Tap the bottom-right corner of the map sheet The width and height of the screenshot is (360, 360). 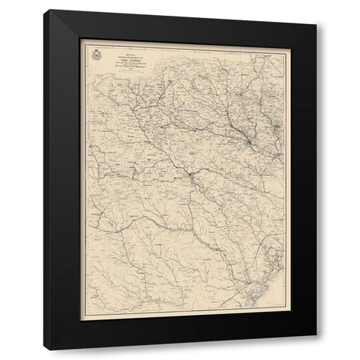click(x=280, y=313)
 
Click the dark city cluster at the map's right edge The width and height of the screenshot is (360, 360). click(x=274, y=136)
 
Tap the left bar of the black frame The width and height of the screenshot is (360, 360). click(x=62, y=180)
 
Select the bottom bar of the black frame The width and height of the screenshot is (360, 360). click(x=180, y=332)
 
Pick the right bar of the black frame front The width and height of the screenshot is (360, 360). click(x=298, y=180)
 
